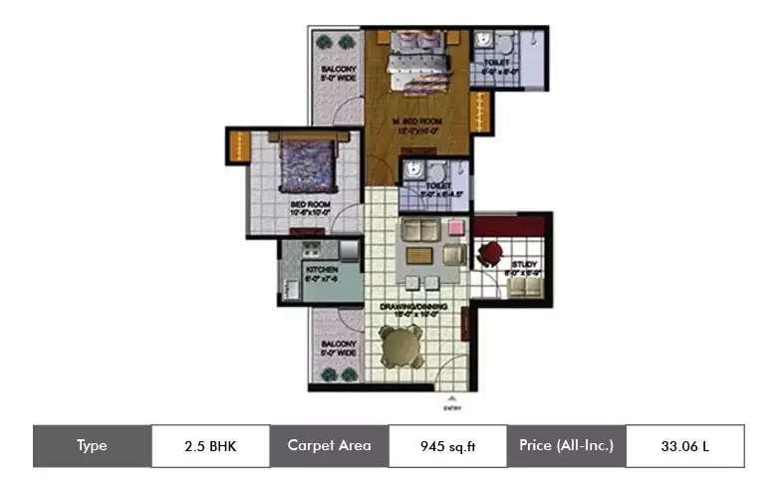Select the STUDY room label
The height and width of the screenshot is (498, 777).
[x=524, y=265]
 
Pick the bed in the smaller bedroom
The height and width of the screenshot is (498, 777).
[x=307, y=164]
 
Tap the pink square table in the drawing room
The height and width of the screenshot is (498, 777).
[x=455, y=228]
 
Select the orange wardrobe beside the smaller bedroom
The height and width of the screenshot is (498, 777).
[x=239, y=146]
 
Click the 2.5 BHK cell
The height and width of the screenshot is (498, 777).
[x=210, y=446]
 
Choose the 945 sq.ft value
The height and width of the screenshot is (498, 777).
[x=447, y=446]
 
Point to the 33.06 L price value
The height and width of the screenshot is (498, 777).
[x=684, y=446]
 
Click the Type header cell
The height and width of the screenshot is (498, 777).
[x=92, y=446]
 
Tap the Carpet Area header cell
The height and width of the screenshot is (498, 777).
[x=329, y=446]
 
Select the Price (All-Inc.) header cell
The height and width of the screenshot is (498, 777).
[x=566, y=446]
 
